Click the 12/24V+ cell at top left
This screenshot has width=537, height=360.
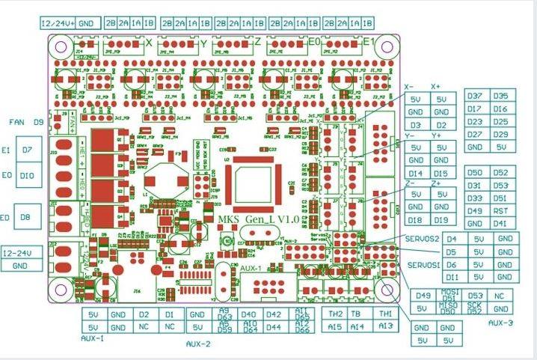click(58, 23)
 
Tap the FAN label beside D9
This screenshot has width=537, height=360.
click(16, 121)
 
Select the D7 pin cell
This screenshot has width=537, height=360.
click(26, 150)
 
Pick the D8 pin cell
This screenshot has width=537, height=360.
click(26, 217)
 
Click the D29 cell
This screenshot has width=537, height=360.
click(500, 134)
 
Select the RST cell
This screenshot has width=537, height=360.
click(500, 210)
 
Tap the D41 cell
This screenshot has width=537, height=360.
click(500, 223)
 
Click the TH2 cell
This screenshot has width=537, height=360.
click(336, 314)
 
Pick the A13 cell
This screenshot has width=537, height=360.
click(385, 327)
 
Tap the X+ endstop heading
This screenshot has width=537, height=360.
click(437, 86)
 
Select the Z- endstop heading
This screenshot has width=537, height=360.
click(411, 182)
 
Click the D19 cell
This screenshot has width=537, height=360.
click(441, 220)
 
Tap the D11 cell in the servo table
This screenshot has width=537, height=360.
click(452, 277)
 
